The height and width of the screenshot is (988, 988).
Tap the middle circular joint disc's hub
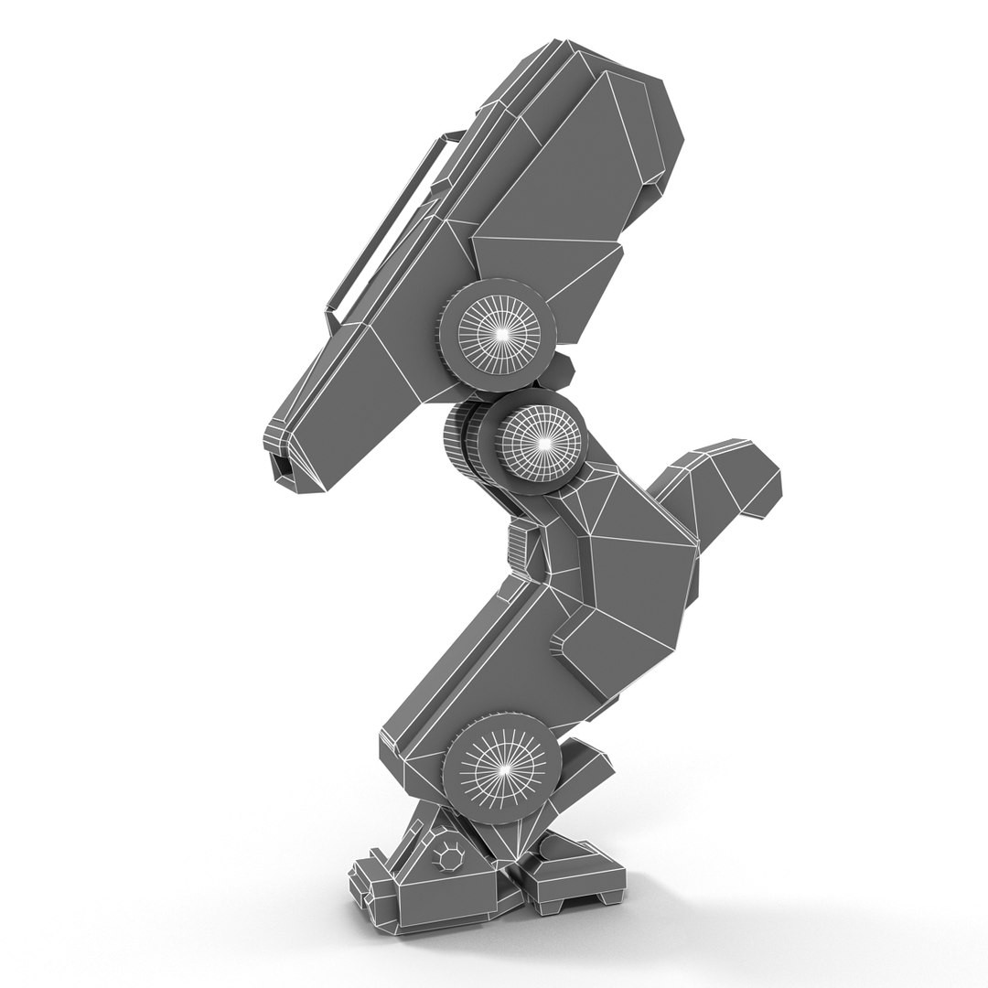(x=542, y=441)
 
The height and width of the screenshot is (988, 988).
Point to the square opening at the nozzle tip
(x=283, y=467)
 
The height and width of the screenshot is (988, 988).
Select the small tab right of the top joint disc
(x=562, y=370)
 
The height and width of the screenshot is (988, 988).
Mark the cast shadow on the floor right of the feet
(x=732, y=906)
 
